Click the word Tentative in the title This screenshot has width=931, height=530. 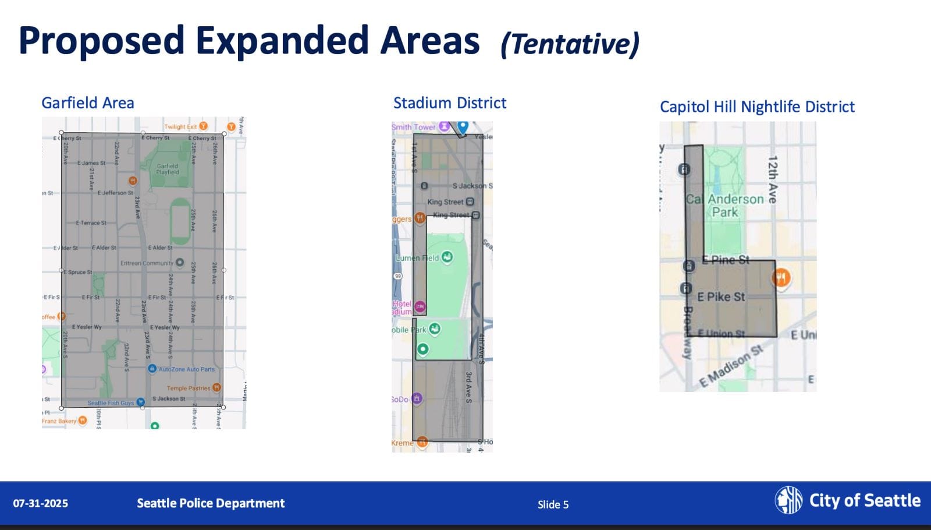click(x=570, y=44)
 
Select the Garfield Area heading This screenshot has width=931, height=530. click(x=88, y=103)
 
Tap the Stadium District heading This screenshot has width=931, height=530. click(x=450, y=103)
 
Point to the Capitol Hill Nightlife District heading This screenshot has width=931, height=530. click(x=757, y=107)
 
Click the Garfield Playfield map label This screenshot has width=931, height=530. click(x=168, y=169)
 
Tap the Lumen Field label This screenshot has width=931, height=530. click(x=417, y=258)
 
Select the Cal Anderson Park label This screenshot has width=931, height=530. click(x=725, y=206)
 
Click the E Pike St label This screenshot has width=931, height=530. click(x=721, y=297)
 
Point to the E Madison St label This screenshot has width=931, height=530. click(x=731, y=366)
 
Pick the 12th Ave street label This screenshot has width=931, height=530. click(x=773, y=179)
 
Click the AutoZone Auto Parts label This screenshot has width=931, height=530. click(x=186, y=369)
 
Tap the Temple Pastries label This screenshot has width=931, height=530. click(x=189, y=388)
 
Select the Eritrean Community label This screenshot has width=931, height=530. click(x=147, y=263)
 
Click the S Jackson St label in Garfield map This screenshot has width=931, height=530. click(x=169, y=399)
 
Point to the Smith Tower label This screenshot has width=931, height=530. click(x=414, y=127)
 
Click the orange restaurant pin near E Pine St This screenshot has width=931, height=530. click(x=781, y=278)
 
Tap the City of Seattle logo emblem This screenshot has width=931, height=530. click(x=788, y=500)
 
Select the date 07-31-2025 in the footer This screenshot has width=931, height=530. click(x=41, y=503)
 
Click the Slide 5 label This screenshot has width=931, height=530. click(x=553, y=504)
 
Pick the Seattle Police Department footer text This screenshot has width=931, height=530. click(x=211, y=503)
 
